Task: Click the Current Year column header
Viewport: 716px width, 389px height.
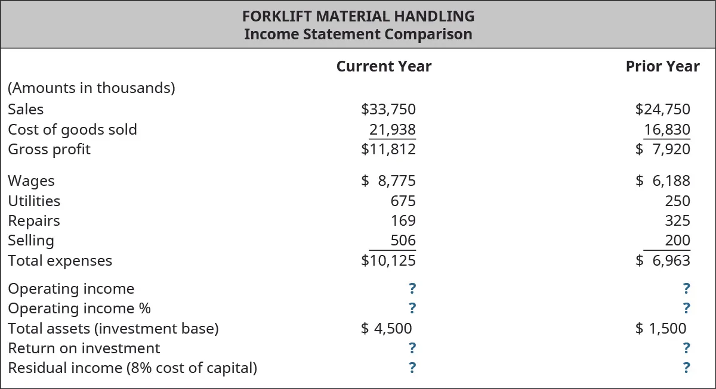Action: coord(384,66)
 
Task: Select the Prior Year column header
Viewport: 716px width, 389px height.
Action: coord(662,66)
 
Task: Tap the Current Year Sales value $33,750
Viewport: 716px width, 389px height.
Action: coord(388,110)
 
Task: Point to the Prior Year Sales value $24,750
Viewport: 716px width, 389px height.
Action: coord(663,110)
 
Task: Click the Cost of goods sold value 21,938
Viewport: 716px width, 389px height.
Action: coord(392,130)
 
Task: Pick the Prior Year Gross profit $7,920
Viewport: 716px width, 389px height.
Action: coord(663,150)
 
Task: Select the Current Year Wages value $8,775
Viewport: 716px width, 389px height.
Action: coord(388,181)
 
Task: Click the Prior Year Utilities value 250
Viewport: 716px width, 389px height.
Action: coord(677,201)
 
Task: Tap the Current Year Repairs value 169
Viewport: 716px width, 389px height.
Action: coord(403,221)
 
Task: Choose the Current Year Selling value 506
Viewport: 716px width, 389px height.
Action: coord(403,241)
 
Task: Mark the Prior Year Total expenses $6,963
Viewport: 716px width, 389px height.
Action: coord(663,261)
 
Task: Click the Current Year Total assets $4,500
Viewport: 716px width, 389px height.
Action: coord(387,328)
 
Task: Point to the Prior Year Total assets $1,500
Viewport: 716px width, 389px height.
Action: coord(661,328)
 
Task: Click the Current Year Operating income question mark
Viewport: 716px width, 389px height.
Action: coord(412,289)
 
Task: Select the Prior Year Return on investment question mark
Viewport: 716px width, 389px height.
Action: coord(686,348)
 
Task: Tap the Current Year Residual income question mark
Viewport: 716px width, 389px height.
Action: coord(412,368)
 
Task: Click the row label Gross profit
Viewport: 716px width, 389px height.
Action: coord(49,150)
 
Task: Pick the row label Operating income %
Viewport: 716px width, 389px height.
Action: coord(79,309)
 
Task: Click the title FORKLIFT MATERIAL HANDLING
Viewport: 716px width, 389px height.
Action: coord(358,16)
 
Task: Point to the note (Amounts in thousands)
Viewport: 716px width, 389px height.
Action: coord(91,88)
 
